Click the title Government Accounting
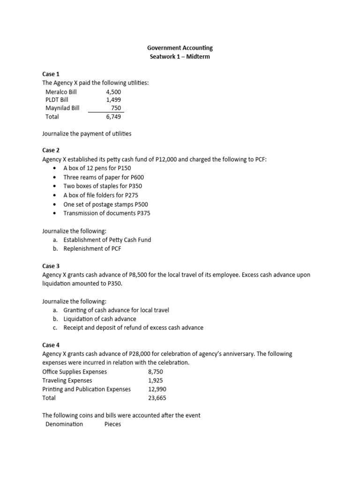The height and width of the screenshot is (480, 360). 180,48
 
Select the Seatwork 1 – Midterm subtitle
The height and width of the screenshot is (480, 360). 180,57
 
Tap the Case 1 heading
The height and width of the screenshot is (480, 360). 51,74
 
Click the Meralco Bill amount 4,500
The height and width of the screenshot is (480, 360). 114,91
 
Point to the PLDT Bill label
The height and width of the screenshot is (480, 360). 57,100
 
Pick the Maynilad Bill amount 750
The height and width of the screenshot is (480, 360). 115,108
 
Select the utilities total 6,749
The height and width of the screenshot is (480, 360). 113,117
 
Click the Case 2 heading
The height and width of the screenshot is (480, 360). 51,150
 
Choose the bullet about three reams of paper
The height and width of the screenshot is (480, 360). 104,177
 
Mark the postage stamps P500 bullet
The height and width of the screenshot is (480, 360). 106,204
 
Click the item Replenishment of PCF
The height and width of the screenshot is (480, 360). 92,248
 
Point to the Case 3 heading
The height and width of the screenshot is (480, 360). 51,266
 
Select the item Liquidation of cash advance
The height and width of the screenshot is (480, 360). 100,319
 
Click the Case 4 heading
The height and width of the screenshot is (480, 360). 51,345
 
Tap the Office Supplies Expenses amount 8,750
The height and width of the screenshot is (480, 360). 155,372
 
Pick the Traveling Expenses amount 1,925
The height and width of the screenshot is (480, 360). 155,380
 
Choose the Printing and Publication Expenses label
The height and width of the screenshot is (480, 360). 86,389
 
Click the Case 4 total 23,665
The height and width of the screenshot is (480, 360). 157,398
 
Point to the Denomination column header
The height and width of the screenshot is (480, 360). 64,424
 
